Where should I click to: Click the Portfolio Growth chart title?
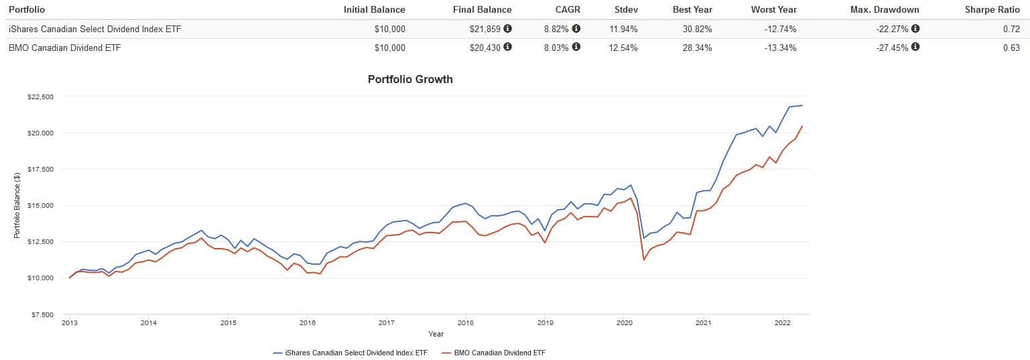[410, 79]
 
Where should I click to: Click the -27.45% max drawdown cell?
[892, 48]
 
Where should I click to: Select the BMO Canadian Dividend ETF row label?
[64, 48]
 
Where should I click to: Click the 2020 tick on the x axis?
[623, 322]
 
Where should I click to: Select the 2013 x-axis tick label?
[70, 322]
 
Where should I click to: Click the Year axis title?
[436, 333]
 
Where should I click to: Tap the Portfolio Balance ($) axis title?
[17, 205]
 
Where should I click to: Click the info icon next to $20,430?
[507, 47]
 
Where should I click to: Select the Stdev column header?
[626, 9]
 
